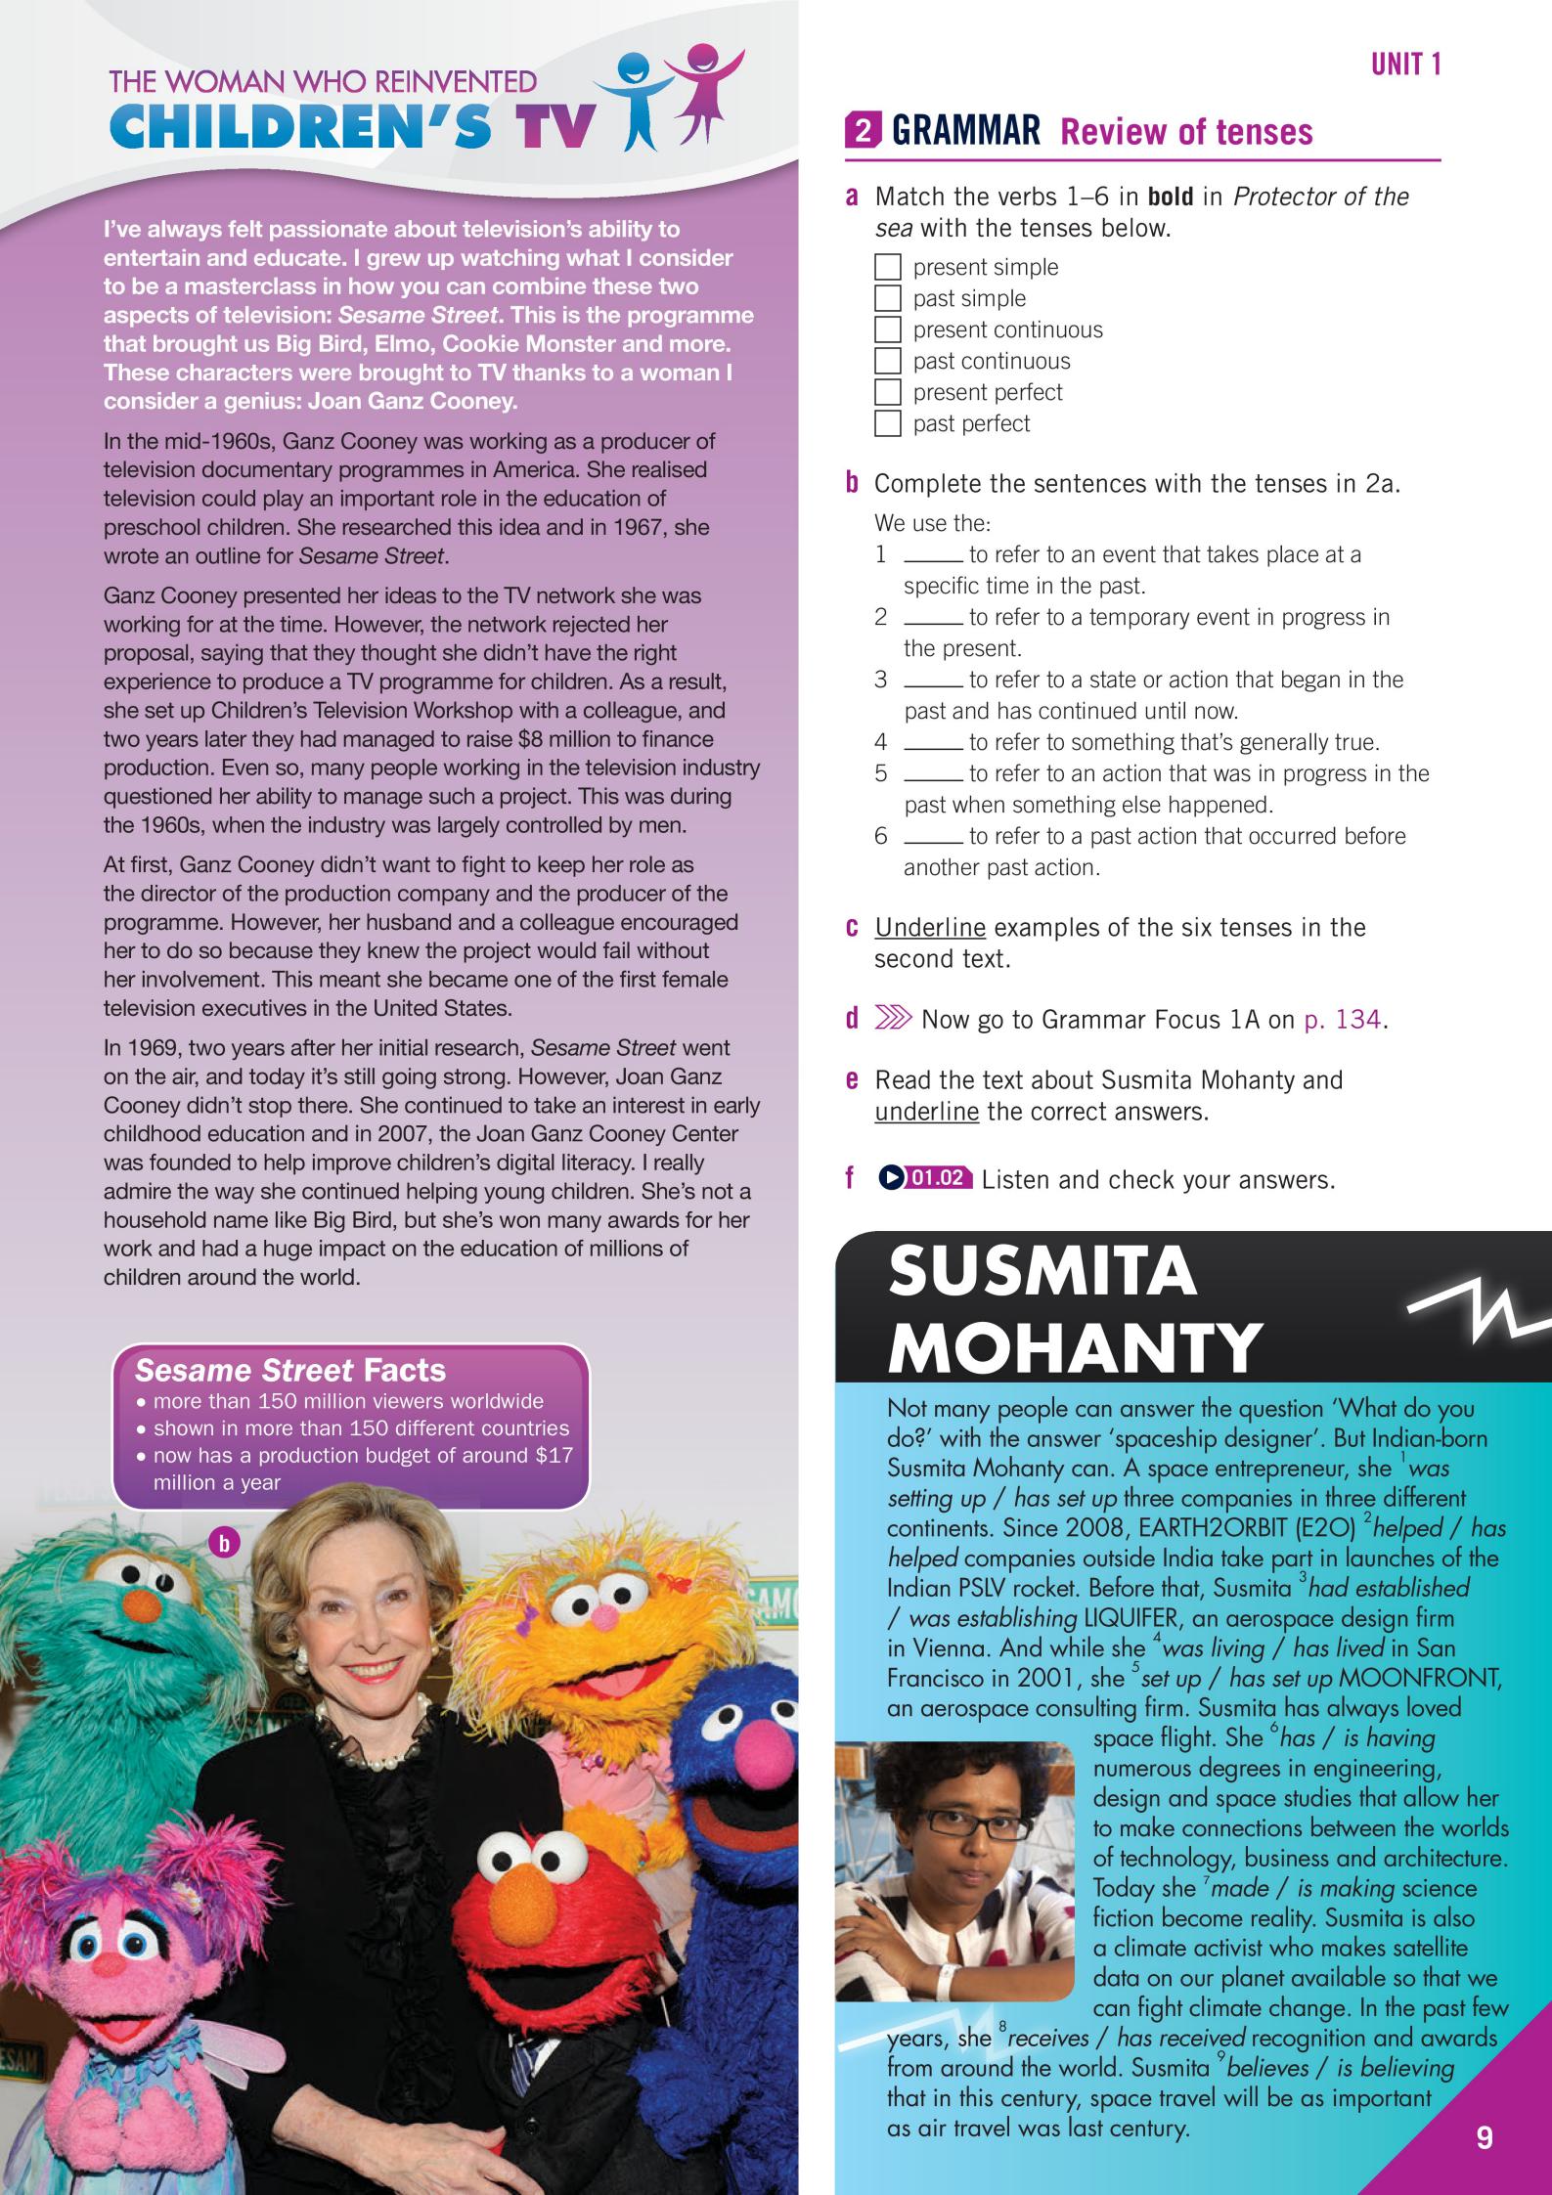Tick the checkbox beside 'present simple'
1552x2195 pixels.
click(887, 267)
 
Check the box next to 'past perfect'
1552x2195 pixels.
click(887, 423)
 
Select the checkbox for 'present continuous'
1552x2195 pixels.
click(887, 329)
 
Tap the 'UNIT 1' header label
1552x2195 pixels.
click(1405, 65)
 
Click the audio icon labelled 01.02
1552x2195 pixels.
click(925, 1178)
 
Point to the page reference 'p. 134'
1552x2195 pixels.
click(1345, 1020)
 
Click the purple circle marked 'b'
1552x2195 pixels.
click(225, 1544)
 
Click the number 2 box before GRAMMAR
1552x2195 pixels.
click(862, 132)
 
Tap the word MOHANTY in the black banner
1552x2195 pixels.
click(1075, 1346)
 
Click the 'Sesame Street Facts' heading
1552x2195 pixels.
click(289, 1370)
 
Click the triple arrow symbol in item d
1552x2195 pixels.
click(892, 1020)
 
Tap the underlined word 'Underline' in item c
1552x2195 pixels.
click(929, 927)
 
